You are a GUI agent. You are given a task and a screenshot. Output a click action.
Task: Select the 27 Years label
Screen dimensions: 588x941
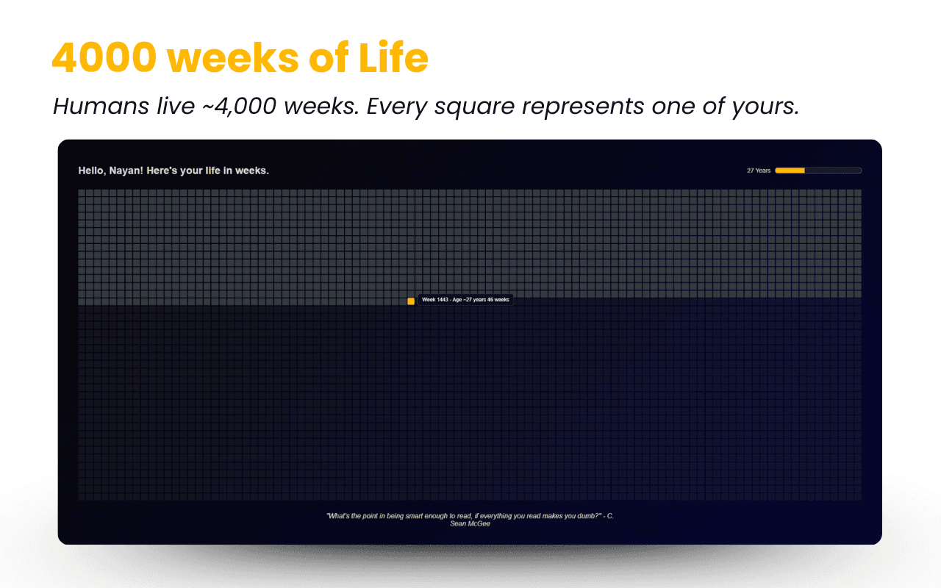pos(759,171)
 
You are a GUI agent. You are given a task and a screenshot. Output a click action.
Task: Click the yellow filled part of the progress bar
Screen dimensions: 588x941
pos(790,171)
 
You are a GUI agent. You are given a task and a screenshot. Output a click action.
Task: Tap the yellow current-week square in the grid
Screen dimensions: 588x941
pos(411,301)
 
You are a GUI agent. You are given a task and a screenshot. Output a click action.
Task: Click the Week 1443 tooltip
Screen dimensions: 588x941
pos(465,300)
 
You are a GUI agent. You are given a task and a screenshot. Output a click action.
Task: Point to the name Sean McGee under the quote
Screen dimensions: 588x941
pos(470,524)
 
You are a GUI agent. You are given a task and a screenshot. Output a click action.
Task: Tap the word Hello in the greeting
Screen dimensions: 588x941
pos(91,171)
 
